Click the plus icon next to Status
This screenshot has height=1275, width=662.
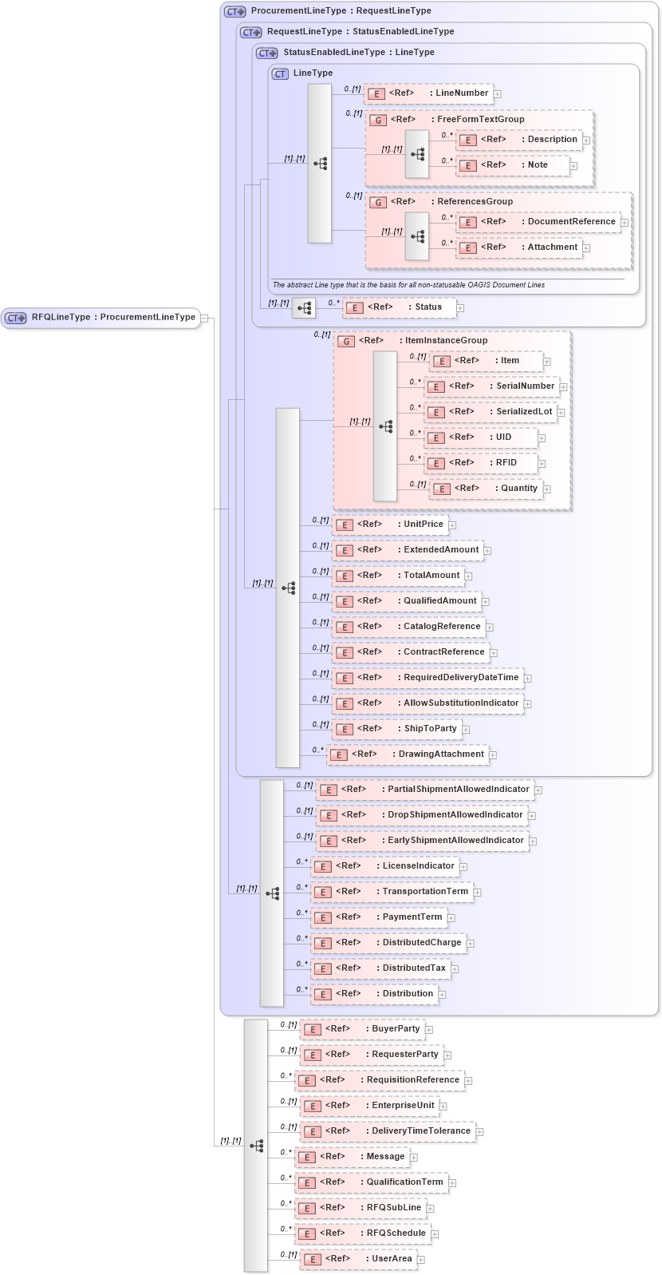(x=460, y=308)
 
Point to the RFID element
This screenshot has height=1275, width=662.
(x=482, y=463)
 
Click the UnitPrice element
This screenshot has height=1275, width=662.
(x=391, y=525)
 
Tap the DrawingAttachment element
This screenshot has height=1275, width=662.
(x=408, y=754)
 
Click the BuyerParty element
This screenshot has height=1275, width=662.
(x=362, y=1029)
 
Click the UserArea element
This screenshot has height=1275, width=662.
(x=358, y=1259)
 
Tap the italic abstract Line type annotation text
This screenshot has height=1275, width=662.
(x=408, y=285)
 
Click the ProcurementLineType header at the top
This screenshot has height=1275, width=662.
(x=341, y=11)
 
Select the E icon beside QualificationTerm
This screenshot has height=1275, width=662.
(x=307, y=1183)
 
